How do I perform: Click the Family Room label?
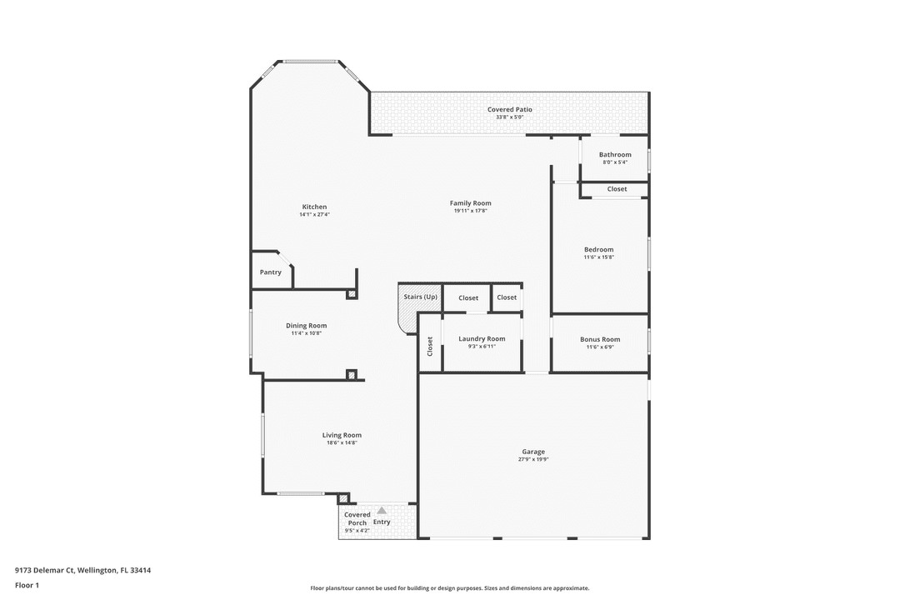coord(471,203)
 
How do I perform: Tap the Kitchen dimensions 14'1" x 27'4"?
coord(314,215)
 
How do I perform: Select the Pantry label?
coord(270,272)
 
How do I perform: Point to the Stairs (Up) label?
coord(420,297)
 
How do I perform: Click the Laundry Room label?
coord(482,339)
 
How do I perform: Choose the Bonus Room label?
coord(600,339)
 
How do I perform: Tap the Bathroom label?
coord(615,155)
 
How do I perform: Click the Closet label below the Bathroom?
coord(617,189)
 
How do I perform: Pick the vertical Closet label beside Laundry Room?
coord(430,346)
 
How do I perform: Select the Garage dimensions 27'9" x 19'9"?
coord(534,459)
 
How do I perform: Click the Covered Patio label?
coord(509,109)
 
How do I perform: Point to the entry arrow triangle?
coord(382,510)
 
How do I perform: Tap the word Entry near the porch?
coord(382,522)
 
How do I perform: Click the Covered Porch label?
coord(357,519)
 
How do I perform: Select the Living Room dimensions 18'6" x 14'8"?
coord(342,443)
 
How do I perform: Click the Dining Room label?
coord(306,326)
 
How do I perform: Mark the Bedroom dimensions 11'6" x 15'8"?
coord(598,257)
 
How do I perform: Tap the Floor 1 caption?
coord(27,585)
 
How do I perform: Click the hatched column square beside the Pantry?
coord(352,294)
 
